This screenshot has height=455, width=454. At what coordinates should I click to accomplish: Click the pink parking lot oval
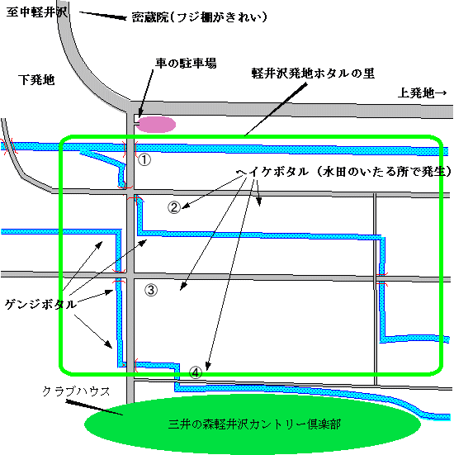pos(156,125)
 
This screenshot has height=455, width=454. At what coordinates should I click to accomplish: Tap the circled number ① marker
pos(144,159)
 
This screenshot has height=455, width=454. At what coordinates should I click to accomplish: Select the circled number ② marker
pos(174,207)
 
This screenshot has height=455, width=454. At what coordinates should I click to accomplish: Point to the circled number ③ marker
pos(151,290)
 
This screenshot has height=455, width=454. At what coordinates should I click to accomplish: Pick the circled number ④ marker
pos(196,372)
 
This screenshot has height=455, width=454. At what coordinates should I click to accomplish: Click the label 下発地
pos(36,80)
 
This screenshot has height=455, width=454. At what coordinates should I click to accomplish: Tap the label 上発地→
pos(422,92)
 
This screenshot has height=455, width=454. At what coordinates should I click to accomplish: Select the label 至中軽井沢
pos(37,12)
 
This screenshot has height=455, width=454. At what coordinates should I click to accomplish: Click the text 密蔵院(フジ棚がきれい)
pos(199,17)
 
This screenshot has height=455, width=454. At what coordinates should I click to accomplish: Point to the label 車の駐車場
pos(186,63)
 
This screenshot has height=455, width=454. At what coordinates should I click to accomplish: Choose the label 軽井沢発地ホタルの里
pos(313,73)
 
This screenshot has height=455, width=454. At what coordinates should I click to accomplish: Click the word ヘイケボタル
pos(272,172)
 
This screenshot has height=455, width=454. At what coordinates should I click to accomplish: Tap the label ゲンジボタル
pos(41,305)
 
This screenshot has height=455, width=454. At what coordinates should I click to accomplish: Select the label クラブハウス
pos(76,391)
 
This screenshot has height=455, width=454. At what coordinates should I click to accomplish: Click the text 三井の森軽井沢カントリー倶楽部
pos(254,424)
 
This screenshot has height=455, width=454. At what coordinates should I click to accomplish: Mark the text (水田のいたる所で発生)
pos(384,172)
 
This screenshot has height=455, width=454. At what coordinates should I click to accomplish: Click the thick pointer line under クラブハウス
pos(95,407)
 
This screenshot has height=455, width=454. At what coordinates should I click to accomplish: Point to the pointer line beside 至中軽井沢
pos(103,16)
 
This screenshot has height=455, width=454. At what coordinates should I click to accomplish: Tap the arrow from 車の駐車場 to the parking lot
pos(146,94)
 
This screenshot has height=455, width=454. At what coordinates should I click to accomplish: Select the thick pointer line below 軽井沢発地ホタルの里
pos(276,109)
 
